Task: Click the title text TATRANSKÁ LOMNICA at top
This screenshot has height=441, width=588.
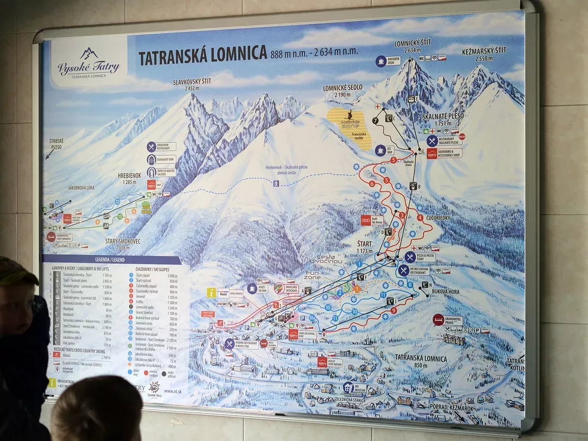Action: (203, 55)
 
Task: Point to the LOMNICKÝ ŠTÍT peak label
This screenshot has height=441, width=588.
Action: (412, 44)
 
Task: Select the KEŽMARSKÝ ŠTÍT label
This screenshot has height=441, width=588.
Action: (484, 52)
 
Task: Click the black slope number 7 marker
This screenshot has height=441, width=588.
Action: (375, 121)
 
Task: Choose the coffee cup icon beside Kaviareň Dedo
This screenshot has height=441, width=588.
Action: (380, 61)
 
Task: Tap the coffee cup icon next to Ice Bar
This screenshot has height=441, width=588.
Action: (380, 149)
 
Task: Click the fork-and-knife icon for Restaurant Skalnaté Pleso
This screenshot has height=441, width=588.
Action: (432, 140)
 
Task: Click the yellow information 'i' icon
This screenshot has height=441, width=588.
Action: (211, 293)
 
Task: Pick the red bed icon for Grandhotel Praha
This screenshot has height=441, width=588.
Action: (439, 320)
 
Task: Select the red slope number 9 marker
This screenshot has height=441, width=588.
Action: (394, 310)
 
